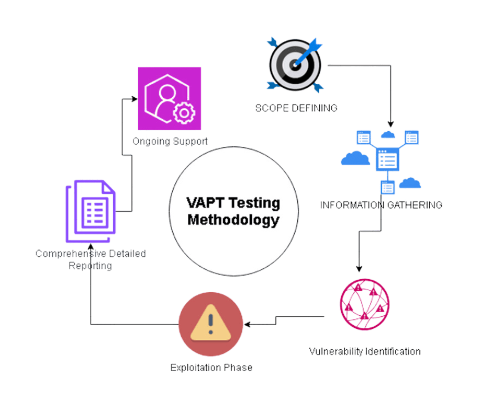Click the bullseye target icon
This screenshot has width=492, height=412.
(x=295, y=65)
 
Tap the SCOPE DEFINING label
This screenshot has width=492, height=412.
(x=296, y=108)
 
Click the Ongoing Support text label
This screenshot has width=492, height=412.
(x=170, y=141)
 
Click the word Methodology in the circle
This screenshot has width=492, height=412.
(x=233, y=220)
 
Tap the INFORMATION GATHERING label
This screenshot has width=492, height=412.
(x=381, y=204)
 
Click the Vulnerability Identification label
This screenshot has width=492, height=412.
(x=364, y=350)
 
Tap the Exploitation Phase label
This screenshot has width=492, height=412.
(x=211, y=368)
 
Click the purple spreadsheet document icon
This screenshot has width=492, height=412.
(x=91, y=211)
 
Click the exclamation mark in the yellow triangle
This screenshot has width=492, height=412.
(x=210, y=325)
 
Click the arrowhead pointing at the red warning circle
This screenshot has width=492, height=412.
(x=247, y=324)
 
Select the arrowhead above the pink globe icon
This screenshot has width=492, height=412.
(x=359, y=269)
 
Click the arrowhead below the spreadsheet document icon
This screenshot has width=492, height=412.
(x=91, y=247)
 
